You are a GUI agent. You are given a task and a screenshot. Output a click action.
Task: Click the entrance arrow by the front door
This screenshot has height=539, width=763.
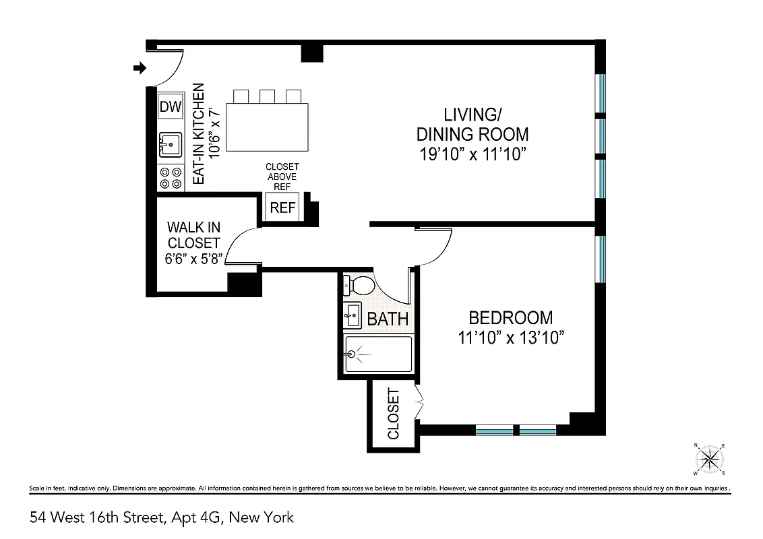pos(140,67)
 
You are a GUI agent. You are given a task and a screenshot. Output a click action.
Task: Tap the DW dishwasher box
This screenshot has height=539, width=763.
pos(171,106)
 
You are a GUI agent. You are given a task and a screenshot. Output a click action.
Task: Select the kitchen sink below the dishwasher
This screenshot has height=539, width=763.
pos(170,144)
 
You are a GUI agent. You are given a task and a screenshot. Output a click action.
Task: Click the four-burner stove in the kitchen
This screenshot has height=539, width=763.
pos(170,178)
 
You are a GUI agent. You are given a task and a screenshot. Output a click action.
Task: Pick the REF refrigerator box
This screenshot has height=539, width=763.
pos(282,208)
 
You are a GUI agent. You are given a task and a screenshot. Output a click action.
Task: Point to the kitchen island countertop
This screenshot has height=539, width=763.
pos(266,128)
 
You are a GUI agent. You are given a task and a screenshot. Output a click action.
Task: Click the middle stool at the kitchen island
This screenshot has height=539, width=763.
pos(267,96)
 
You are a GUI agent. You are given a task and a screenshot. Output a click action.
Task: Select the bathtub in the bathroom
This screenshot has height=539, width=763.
pos(377,354)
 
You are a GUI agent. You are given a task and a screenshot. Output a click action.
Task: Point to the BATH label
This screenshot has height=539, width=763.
pos(388,319)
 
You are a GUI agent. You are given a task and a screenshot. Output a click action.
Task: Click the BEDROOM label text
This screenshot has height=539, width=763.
pos(510,317)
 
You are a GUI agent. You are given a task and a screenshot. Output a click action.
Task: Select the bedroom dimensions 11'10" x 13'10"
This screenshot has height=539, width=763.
pos(510,338)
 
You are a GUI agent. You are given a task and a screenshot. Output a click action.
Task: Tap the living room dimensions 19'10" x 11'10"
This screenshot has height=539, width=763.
pos(472,154)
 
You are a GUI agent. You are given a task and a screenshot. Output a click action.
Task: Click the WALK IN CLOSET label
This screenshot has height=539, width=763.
pos(193,235)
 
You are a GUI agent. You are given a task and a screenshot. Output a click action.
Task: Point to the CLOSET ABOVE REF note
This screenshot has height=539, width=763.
pos(282,177)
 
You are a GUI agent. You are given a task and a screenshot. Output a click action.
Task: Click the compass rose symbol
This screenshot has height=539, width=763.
pos(709,459)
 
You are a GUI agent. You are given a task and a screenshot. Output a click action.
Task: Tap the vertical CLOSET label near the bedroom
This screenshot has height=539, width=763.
pos(394,414)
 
